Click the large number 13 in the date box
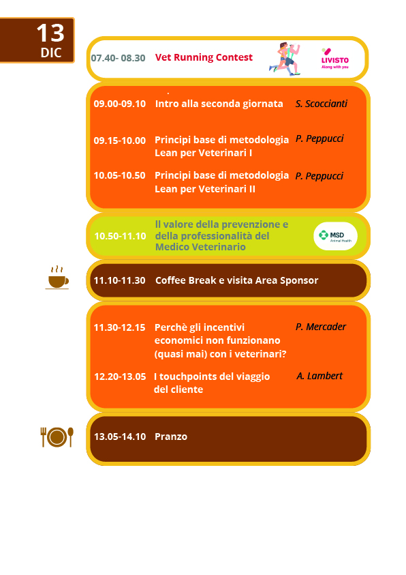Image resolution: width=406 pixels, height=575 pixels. click(x=50, y=33)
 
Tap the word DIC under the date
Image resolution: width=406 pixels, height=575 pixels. click(x=51, y=53)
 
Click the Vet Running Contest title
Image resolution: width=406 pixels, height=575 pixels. click(x=204, y=57)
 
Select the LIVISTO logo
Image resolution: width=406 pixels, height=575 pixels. click(x=334, y=59)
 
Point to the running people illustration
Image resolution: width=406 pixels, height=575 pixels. click(x=285, y=59)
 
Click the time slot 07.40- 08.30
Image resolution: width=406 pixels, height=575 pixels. click(x=118, y=58)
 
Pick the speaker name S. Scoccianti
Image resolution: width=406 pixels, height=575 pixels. click(x=321, y=104)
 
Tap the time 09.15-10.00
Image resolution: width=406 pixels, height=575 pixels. click(x=119, y=141)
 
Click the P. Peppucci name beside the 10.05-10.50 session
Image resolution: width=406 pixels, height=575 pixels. click(x=319, y=176)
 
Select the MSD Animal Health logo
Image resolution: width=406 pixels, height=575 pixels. click(x=335, y=236)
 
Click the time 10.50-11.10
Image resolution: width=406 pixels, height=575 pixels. click(x=120, y=236)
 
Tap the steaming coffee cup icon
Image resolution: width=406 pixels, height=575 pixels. click(x=57, y=278)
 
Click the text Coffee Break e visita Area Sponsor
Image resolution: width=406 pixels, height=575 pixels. click(x=236, y=280)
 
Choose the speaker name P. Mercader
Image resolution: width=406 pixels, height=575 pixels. click(x=320, y=327)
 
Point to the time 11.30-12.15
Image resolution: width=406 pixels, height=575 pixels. click(x=119, y=327)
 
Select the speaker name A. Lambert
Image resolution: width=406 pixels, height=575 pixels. click(x=319, y=376)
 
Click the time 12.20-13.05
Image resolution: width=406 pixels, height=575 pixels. click(x=120, y=377)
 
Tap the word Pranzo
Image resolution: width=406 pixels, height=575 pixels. click(x=170, y=437)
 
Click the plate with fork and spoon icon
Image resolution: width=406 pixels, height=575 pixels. click(x=57, y=437)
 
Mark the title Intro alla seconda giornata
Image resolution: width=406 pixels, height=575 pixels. click(x=219, y=104)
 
